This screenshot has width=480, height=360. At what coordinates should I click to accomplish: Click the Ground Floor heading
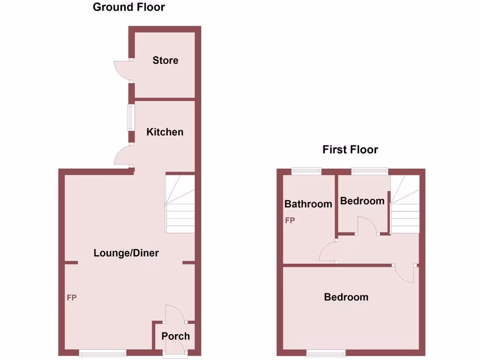coord(129,7)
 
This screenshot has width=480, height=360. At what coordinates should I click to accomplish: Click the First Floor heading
coord(350,150)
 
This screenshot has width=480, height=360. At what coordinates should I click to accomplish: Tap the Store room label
coord(165,60)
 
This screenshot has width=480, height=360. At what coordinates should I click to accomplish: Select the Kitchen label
coord(165,132)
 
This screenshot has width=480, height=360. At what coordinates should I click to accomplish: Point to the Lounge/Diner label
coord(126,254)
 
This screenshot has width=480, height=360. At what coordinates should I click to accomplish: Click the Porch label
coord(176,336)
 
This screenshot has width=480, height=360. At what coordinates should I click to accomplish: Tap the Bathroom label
coord(308,204)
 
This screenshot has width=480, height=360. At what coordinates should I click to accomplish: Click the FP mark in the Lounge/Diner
coord(72,298)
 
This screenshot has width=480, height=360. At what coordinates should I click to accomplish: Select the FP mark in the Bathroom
coord(290,220)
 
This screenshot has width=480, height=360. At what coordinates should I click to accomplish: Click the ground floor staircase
coord(180,204)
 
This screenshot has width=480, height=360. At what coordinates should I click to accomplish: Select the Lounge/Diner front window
coord(102,353)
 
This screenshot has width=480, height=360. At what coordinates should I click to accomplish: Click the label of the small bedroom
coord(362,201)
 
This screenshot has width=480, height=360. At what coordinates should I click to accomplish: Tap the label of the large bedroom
coord(346,297)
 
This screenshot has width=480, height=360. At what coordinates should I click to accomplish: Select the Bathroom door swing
coord(328,251)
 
